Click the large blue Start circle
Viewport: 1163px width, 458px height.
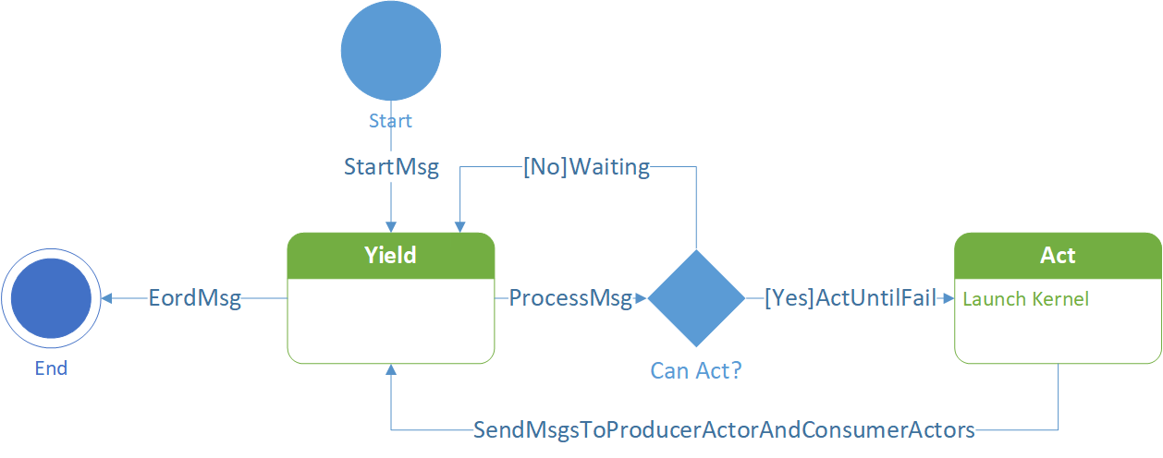pos(390,52)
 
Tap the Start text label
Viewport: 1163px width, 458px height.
pos(390,121)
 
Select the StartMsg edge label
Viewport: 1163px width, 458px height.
pos(390,167)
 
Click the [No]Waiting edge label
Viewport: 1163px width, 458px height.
pos(586,167)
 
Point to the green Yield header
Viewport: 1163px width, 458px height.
pos(390,255)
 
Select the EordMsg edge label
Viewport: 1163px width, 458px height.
pos(194,298)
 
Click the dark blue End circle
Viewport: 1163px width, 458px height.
pos(51,298)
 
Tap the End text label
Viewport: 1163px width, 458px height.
pos(51,368)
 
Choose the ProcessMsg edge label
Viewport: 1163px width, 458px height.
pos(570,298)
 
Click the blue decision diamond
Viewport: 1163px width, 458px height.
pos(695,297)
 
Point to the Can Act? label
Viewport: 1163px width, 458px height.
pos(695,370)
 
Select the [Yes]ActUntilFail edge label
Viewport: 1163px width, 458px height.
pos(851,298)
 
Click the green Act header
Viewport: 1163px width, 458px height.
pos(1058,255)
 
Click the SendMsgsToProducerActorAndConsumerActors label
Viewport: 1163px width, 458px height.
pos(724,429)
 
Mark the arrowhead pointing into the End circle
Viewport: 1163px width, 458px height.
pos(106,298)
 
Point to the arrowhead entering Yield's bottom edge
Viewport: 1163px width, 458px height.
pos(390,369)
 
